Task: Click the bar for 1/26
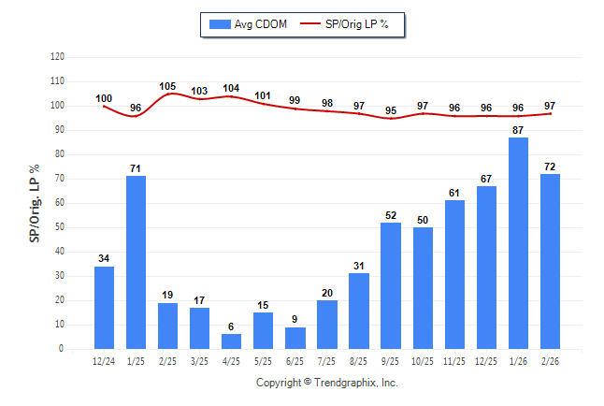pos(518,243)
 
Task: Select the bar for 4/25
pos(231,341)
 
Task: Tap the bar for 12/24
pos(104,308)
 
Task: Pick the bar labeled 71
pos(136,262)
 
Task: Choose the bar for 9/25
pos(391,285)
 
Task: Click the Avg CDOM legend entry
pos(250,23)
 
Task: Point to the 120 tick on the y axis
pos(57,57)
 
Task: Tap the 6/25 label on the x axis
pos(295,360)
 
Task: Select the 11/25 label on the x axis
pos(454,360)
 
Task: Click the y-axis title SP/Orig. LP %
pos(35,202)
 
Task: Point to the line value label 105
pos(167,86)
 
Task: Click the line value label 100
pos(104,98)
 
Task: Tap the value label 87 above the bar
pos(518,130)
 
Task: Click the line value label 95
pos(391,110)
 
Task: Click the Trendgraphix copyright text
pos(327,383)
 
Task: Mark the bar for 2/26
pos(550,261)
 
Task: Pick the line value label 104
pos(231,88)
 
